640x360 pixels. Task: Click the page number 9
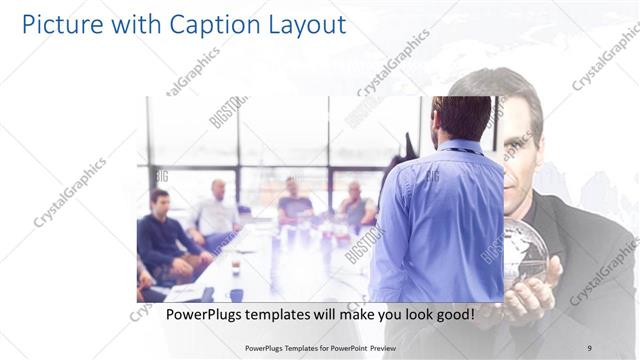[589, 348]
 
